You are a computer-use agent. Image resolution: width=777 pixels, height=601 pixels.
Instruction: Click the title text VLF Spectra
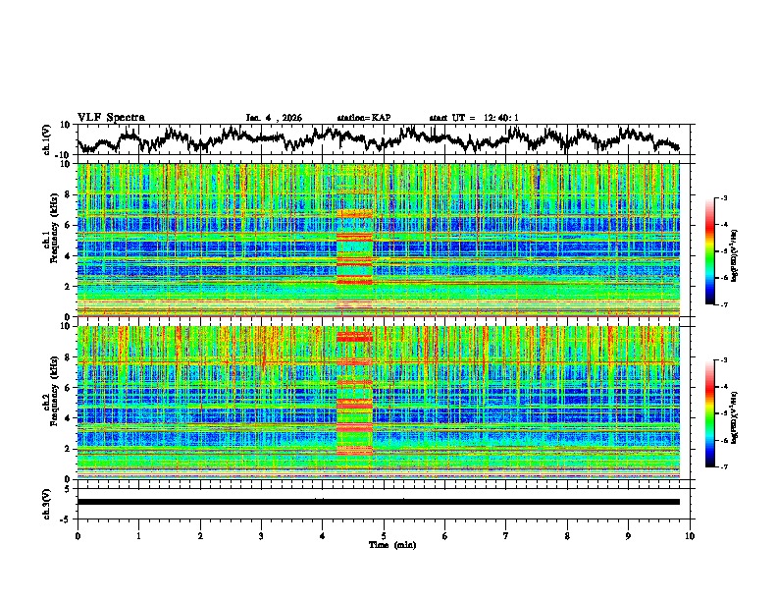pos(111,117)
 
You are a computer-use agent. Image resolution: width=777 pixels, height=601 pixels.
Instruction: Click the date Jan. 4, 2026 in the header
pos(274,118)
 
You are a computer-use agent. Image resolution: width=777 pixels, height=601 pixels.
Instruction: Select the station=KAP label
pos(363,118)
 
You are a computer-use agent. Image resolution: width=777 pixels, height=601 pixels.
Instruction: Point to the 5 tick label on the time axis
pos(384,535)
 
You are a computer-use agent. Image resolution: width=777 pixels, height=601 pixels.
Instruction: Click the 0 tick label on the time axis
pos(78,535)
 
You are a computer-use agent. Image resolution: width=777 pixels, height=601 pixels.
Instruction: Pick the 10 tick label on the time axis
pos(690,535)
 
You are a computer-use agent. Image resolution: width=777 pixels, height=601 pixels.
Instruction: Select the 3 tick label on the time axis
pos(261,535)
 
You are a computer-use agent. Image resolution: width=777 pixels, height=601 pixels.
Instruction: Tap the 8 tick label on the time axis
pos(567,535)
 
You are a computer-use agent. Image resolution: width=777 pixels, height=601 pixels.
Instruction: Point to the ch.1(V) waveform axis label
pos(47,139)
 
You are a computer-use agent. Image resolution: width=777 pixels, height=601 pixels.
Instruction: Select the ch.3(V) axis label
pos(47,503)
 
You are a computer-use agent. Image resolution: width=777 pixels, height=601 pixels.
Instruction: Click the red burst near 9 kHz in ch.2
pos(355,337)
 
